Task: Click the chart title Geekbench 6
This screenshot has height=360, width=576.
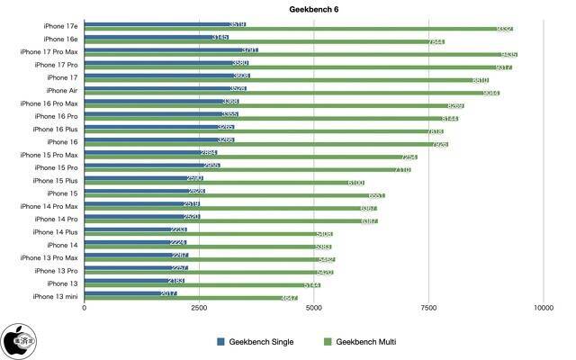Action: coord(288,9)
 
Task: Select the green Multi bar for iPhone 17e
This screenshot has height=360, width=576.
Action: coord(297,29)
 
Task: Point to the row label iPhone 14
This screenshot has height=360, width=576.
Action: coord(61,244)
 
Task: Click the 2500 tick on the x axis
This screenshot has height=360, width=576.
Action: coord(199,309)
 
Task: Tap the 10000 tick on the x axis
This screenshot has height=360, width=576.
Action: coord(543,309)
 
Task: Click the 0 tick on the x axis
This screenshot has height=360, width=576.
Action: coord(85,309)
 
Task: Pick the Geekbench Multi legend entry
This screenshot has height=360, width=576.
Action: coord(360,342)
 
